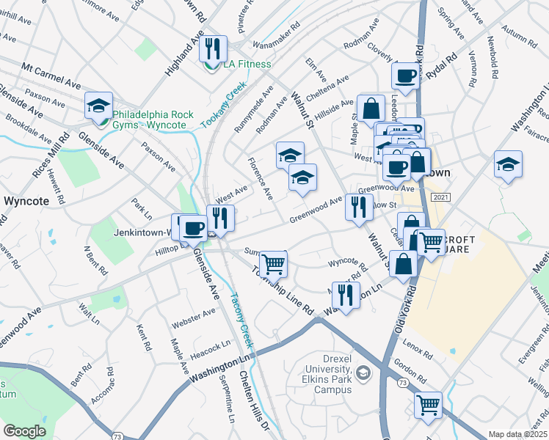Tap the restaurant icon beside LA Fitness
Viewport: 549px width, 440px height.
(x=212, y=48)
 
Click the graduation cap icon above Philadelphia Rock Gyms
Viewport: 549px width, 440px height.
(x=98, y=106)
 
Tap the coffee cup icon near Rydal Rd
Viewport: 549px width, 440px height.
(x=404, y=75)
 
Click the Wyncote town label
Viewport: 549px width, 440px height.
(x=26, y=199)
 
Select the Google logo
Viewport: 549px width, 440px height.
(x=24, y=431)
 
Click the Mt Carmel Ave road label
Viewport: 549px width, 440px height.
(x=51, y=76)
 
